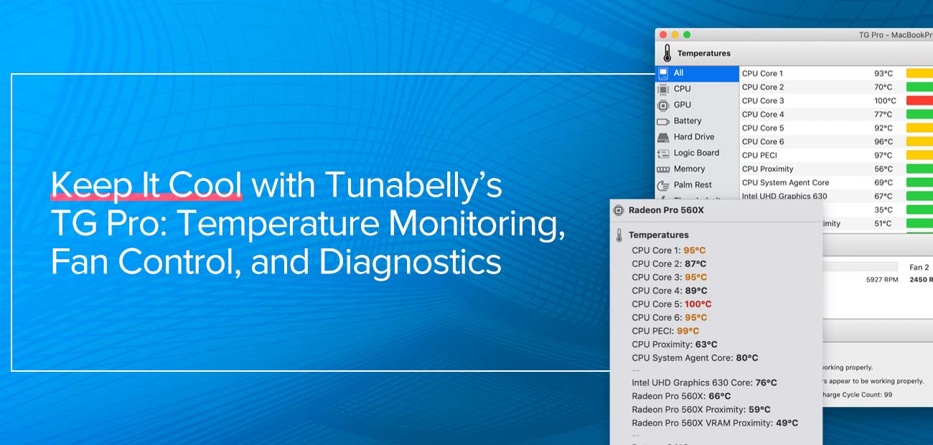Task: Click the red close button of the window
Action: (x=663, y=34)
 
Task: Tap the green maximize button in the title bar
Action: (x=687, y=34)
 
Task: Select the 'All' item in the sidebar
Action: (x=678, y=72)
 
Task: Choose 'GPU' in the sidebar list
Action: (x=682, y=105)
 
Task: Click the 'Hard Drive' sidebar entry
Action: (x=693, y=136)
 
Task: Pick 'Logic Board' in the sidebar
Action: (x=695, y=153)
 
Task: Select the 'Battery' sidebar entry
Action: (x=687, y=121)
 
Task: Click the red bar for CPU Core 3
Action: (x=919, y=100)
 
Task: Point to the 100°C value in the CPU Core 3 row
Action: (x=884, y=100)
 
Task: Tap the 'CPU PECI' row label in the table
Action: (x=759, y=155)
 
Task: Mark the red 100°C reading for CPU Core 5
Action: (x=698, y=304)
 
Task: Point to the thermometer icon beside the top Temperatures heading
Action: (x=667, y=54)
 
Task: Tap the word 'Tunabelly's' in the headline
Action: (x=413, y=186)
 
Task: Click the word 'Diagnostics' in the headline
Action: (x=410, y=261)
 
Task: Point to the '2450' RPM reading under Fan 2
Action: (x=919, y=280)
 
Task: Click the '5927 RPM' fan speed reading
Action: (x=883, y=280)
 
